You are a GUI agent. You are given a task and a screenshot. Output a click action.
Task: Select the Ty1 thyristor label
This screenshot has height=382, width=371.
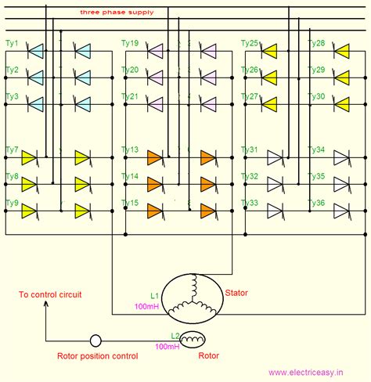point(13,43)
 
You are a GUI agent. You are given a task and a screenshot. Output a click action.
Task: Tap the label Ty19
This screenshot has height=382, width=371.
point(131,43)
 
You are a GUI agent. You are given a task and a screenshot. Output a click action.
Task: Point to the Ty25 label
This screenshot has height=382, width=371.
point(249,43)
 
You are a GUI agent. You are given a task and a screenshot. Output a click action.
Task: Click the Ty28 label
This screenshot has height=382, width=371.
point(317,43)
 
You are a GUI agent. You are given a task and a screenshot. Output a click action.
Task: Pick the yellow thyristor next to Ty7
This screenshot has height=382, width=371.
point(30,157)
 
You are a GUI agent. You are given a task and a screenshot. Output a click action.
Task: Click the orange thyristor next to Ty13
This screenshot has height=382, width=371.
point(154,157)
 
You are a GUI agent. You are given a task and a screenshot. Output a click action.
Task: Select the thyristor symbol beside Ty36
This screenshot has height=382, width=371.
point(341,210)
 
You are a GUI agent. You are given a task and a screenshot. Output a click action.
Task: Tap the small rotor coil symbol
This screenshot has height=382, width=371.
point(193,339)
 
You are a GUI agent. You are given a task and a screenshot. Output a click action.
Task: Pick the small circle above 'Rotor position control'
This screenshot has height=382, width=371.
point(95,341)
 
